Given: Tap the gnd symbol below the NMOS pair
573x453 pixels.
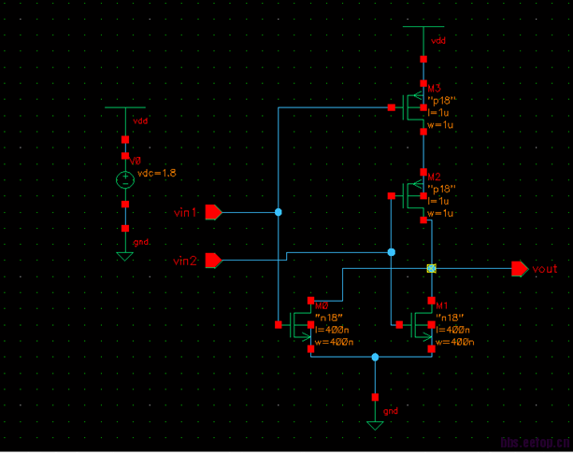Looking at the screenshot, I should click(375, 424).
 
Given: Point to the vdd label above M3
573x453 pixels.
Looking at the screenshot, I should click(437, 42).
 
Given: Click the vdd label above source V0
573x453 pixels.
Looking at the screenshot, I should click(140, 121).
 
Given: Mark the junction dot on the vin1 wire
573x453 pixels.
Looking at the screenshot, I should click(279, 213).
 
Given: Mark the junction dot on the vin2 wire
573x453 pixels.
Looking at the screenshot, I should click(391, 252).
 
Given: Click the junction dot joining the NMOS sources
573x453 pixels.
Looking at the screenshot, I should click(375, 357).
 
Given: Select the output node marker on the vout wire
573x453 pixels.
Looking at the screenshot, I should click(431, 269).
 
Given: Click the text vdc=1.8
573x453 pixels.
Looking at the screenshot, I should click(156, 174).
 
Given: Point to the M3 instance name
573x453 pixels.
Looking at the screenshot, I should click(435, 88).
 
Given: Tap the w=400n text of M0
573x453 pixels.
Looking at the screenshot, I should click(333, 342).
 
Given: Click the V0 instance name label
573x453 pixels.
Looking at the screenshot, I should click(136, 162).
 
